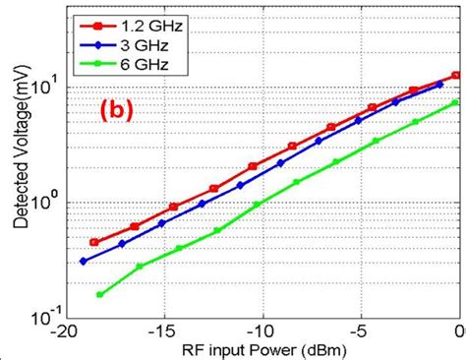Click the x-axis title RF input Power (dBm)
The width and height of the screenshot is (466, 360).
261,349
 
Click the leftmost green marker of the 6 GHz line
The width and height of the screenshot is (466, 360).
100,294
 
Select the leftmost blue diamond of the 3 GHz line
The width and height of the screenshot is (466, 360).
84,262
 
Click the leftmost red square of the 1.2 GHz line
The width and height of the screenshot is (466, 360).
94,242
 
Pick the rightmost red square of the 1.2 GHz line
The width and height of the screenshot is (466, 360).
455,75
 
